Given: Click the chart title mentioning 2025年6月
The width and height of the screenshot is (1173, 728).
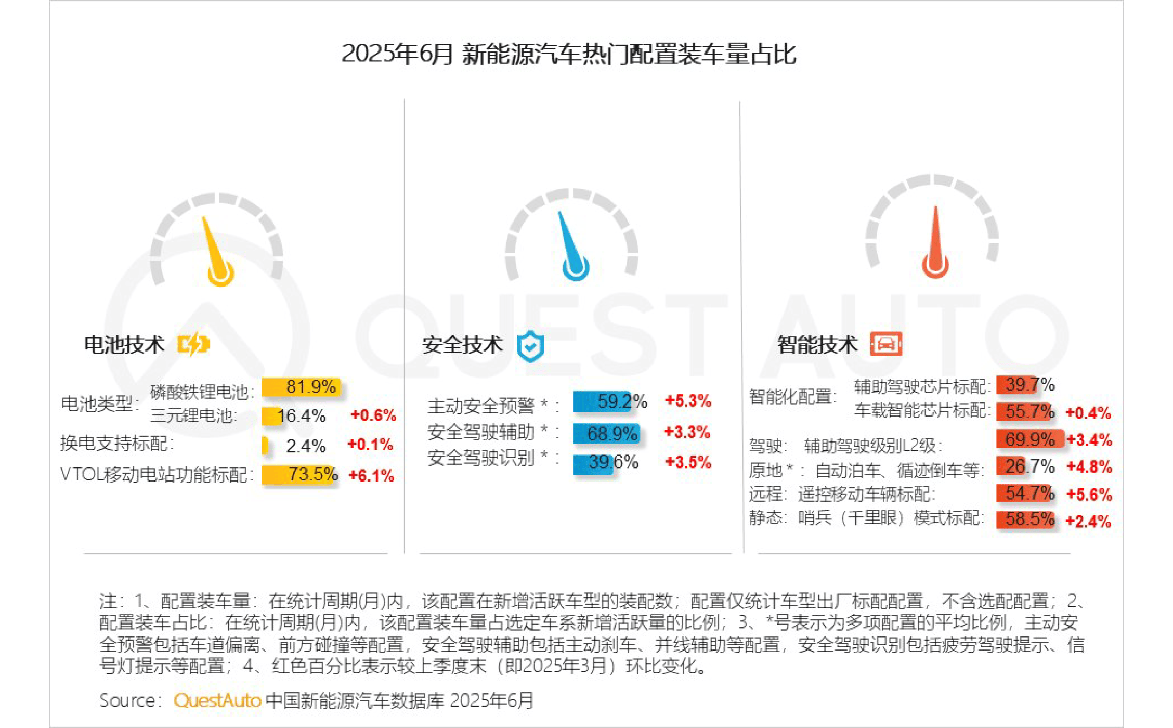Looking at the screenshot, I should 569,54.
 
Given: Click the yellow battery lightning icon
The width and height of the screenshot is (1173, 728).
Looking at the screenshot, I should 193,344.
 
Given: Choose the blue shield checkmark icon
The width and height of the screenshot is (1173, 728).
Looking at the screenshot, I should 530,346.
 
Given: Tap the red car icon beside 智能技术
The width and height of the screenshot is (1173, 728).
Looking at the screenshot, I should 885,344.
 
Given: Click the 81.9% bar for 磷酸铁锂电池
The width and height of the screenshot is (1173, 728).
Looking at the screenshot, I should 301,387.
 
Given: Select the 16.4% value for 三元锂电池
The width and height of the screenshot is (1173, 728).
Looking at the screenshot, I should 302,416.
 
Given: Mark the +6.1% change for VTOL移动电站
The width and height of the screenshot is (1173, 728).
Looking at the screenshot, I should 371,475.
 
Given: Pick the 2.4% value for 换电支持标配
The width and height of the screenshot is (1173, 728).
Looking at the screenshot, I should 306,446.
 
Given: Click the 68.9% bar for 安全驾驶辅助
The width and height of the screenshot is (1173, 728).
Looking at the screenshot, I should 606,433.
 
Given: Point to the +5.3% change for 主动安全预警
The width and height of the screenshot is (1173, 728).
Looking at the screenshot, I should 688,401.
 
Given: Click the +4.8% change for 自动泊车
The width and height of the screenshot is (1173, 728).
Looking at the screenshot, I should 1089,467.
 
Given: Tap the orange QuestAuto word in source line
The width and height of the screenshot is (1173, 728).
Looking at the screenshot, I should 217,700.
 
